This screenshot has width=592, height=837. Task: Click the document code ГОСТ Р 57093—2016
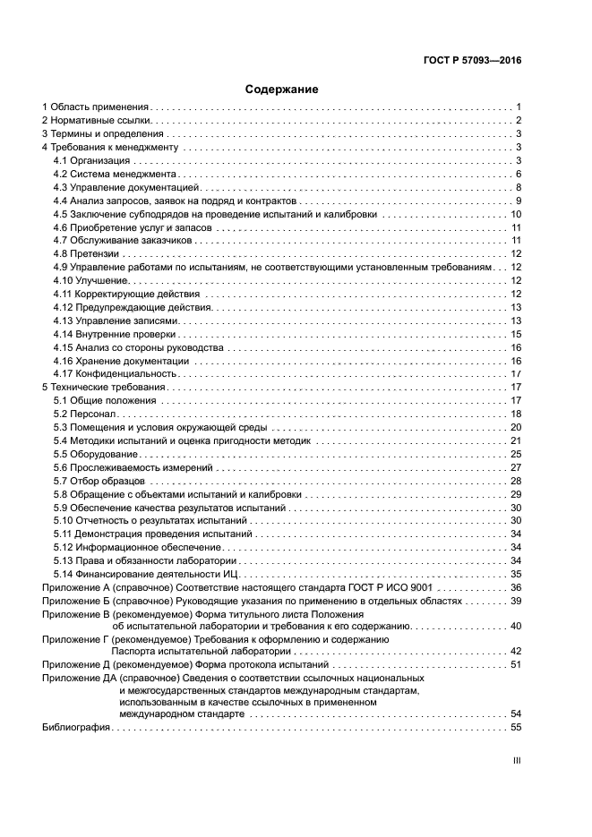[473, 62]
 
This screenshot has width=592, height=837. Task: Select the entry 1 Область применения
[96, 107]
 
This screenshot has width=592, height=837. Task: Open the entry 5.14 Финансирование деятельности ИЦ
[148, 573]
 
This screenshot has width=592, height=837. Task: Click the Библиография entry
[76, 728]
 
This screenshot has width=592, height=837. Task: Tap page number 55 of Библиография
[516, 728]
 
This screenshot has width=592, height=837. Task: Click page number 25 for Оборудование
[516, 454]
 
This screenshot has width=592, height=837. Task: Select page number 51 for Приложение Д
[516, 666]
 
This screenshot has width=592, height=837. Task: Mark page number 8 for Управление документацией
[519, 187]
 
